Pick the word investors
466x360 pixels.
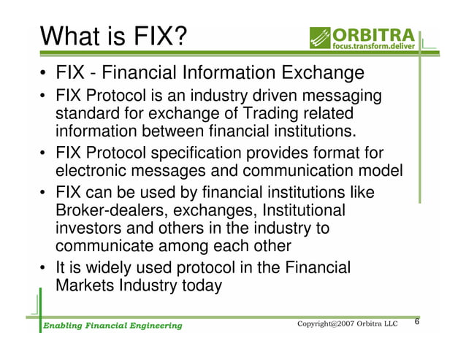[x=89, y=229]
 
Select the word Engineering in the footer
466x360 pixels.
[x=151, y=325]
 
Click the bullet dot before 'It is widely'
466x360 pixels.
[x=45, y=267]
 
